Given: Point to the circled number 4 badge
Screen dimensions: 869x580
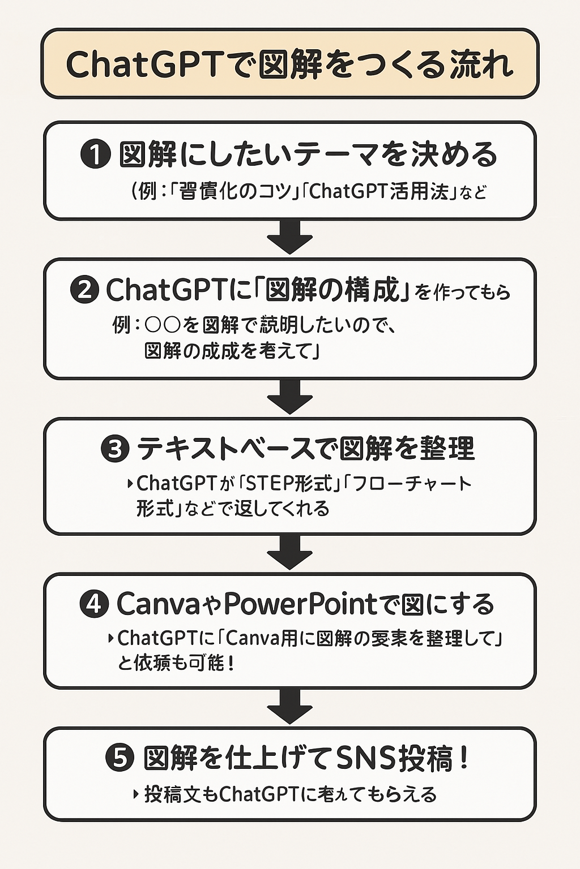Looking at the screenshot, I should tap(94, 604).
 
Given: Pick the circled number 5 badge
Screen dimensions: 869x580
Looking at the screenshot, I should tap(120, 758).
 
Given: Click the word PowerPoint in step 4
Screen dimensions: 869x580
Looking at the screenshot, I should tap(300, 604).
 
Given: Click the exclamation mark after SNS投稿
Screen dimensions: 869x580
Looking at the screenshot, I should tap(466, 758).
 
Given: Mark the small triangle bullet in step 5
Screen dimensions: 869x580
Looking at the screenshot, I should tap(136, 794).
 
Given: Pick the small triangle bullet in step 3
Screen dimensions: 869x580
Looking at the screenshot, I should tap(131, 484).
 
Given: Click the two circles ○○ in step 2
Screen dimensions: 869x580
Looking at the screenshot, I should tap(163, 325).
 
